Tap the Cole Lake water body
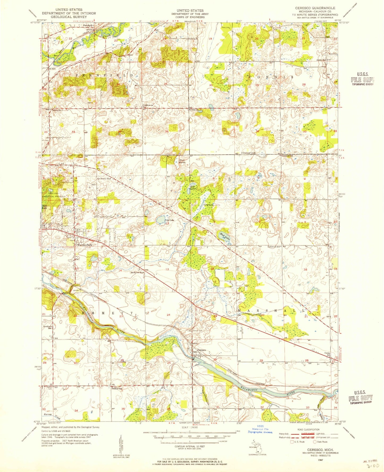[x=161, y=220]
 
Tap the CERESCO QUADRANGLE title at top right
[x=315, y=8]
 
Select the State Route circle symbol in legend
[x=315, y=442]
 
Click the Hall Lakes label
[x=193, y=187]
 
